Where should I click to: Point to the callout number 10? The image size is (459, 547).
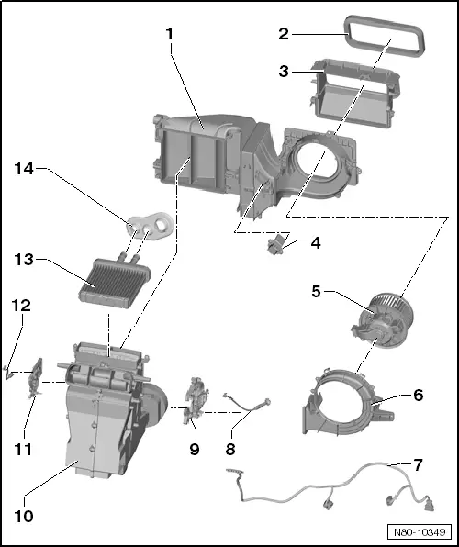pos(24,516)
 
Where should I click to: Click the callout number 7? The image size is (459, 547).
pos(418,464)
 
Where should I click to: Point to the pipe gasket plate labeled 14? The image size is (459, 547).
pos(151,223)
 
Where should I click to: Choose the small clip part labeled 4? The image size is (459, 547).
pos(274,245)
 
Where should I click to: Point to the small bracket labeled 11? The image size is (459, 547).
pos(38,375)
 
